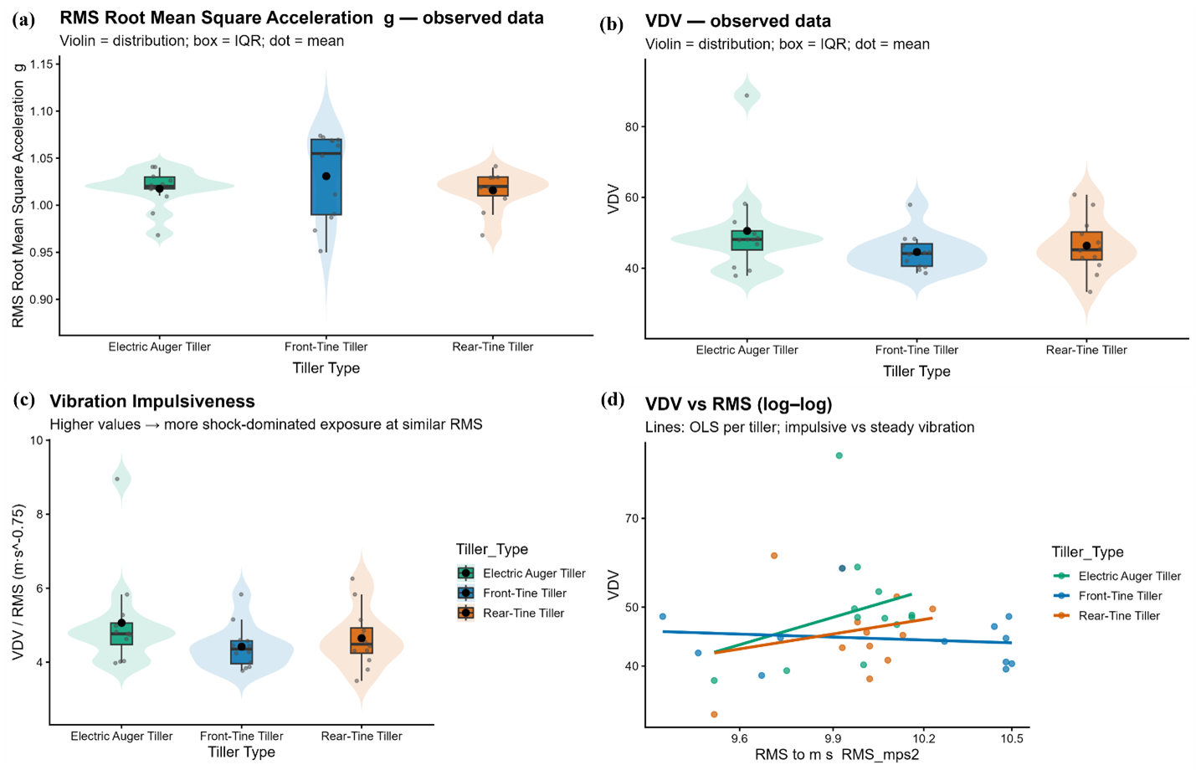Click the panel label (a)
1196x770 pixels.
coord(23,19)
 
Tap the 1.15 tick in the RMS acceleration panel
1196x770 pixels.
coord(42,64)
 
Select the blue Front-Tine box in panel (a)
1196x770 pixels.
coord(326,177)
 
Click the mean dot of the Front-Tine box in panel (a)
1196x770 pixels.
coord(326,176)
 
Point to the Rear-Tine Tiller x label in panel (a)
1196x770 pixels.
coord(492,346)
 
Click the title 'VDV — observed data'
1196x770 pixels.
coord(738,22)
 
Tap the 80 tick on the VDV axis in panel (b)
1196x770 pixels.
coord(631,127)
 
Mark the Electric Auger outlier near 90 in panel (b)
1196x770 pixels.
coord(747,95)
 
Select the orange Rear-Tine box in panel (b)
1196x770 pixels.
coord(1086,246)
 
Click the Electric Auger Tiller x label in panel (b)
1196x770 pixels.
coord(747,350)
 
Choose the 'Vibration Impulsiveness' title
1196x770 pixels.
coord(152,402)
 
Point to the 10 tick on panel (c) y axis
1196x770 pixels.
coord(37,440)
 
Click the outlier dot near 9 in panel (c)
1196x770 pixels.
coord(117,480)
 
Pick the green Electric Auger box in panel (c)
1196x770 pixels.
coord(121,634)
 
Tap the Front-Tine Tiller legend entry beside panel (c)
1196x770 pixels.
coord(524,593)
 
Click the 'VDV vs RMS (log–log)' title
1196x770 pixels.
coord(738,405)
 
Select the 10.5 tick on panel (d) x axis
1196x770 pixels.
coord(1012,739)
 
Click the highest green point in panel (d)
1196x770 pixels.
coord(839,456)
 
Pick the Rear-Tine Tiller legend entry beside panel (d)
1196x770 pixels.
coord(1119,616)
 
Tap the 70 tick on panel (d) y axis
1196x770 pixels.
coord(631,519)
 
